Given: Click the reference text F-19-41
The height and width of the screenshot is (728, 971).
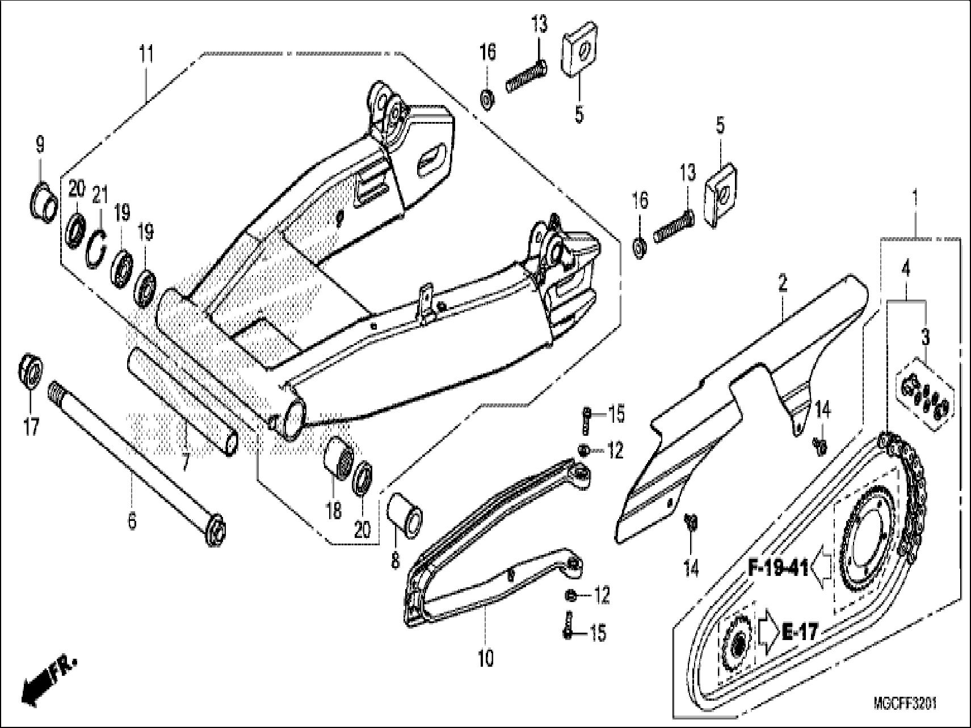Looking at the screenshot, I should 778,568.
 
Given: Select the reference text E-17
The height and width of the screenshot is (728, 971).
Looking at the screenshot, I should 800,632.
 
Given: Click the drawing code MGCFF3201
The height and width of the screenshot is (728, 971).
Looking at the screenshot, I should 905,704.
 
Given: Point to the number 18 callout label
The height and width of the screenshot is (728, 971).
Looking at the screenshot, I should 334,511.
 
